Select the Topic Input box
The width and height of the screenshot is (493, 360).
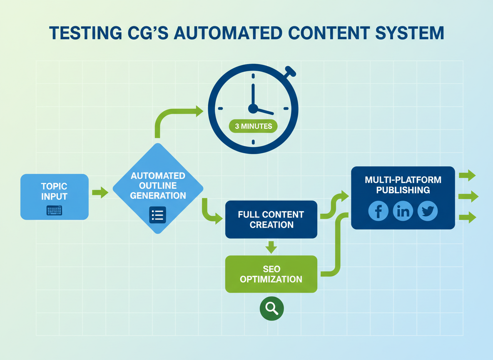coord(54,197)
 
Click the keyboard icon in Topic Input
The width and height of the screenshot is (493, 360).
coord(54,210)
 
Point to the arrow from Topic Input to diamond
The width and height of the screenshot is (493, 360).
coord(100,192)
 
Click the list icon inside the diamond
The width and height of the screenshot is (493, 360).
coord(157,215)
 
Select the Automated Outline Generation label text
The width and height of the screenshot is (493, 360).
coord(158,185)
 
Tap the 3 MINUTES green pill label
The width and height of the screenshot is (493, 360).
coord(253,126)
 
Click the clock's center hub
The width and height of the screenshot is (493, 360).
coord(253,109)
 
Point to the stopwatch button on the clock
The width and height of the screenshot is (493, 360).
coord(290,72)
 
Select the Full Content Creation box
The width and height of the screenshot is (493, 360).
coord(271,220)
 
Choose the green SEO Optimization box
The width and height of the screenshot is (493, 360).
coord(271,274)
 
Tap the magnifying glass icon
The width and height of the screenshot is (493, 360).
coord(271,308)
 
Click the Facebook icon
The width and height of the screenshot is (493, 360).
coord(378,211)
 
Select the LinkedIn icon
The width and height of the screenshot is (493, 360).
coord(403,211)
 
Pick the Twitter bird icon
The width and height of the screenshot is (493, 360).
coord(427,211)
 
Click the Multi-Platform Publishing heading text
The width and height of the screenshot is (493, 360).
coord(403,185)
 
